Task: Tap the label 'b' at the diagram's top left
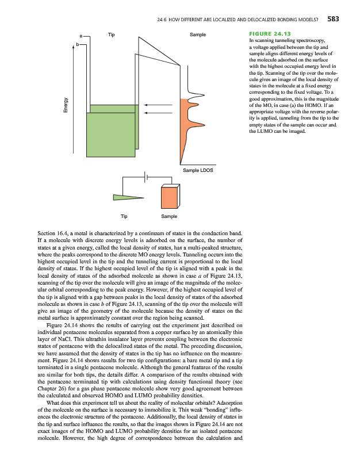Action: click(x=76, y=44)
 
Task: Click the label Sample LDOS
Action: click(x=198, y=171)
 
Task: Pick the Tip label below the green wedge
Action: click(x=125, y=216)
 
